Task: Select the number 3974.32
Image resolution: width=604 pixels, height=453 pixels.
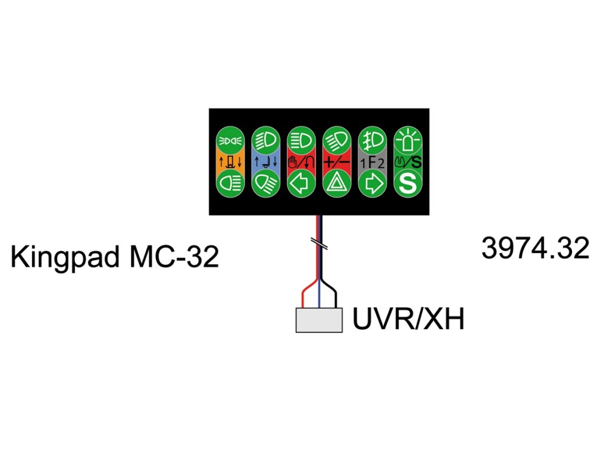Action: point(535,249)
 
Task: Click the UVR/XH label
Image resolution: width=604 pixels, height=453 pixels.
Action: point(408,320)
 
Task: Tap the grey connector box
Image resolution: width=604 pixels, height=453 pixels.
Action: point(319,320)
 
